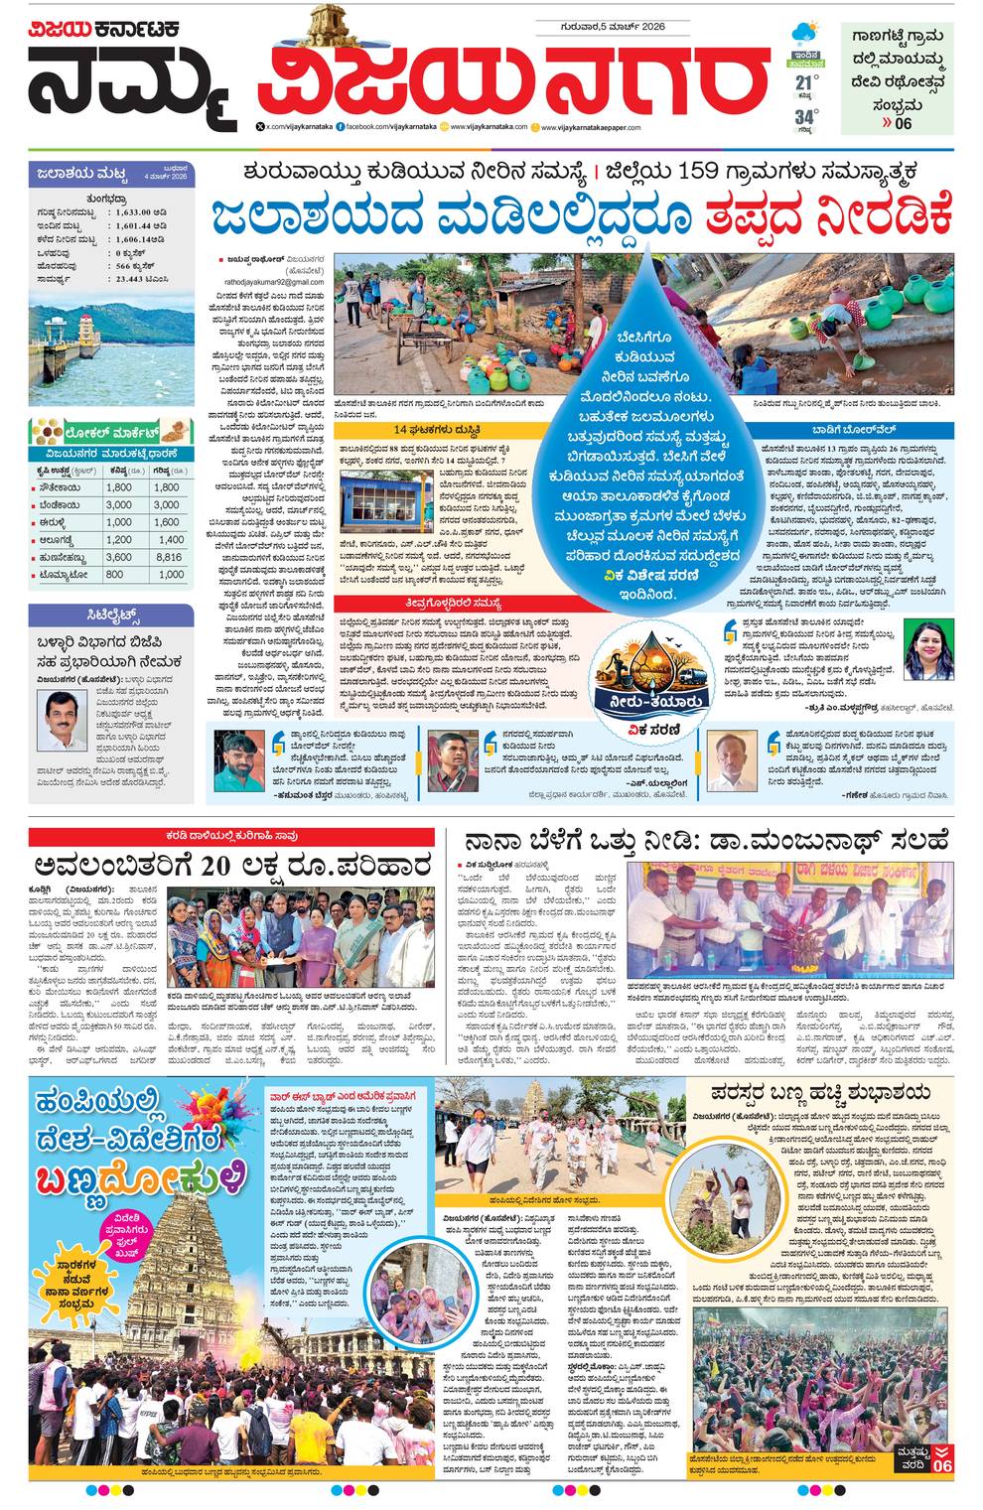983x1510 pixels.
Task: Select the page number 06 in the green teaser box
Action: (903, 124)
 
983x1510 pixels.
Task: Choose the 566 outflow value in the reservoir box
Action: (129, 267)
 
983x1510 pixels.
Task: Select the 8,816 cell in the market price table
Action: (170, 557)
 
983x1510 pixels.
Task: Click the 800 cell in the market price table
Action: (115, 574)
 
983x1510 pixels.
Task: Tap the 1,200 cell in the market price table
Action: (118, 540)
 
